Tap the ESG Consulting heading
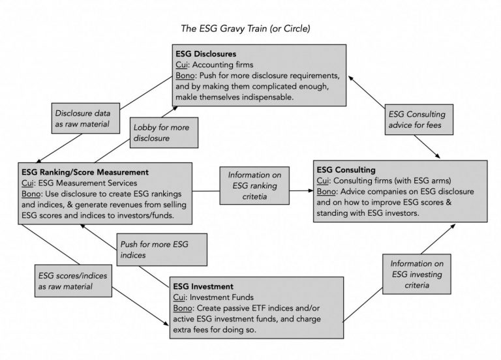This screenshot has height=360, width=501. [x=346, y=170]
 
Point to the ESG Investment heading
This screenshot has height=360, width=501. [x=204, y=286]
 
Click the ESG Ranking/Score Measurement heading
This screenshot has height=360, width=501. [x=85, y=172]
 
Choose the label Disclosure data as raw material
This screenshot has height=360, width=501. [x=82, y=119]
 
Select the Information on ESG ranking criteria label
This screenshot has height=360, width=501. [x=254, y=186]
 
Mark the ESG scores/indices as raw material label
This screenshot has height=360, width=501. [x=72, y=281]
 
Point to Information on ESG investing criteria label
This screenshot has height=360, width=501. [x=417, y=274]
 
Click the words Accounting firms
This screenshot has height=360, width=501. [x=222, y=65]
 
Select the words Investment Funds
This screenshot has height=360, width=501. [x=221, y=297]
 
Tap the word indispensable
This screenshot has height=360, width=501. [x=267, y=97]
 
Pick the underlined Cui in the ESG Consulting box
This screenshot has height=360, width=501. [x=323, y=181]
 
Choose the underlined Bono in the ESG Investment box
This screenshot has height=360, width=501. [x=183, y=308]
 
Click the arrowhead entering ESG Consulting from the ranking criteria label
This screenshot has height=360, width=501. [x=311, y=190]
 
